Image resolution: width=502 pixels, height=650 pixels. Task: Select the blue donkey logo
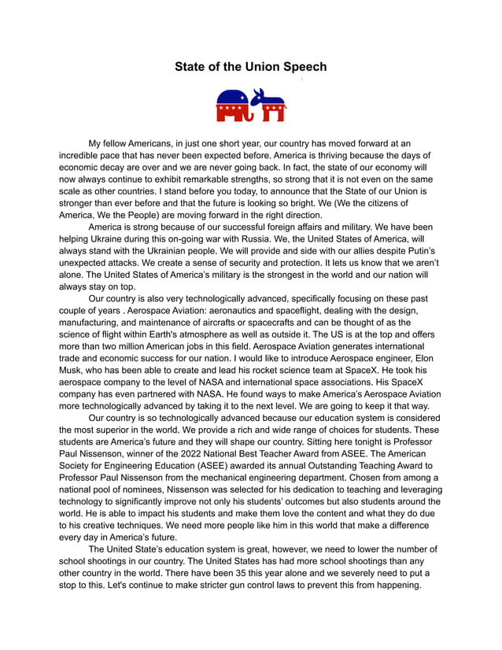pyautogui.click(x=269, y=105)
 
